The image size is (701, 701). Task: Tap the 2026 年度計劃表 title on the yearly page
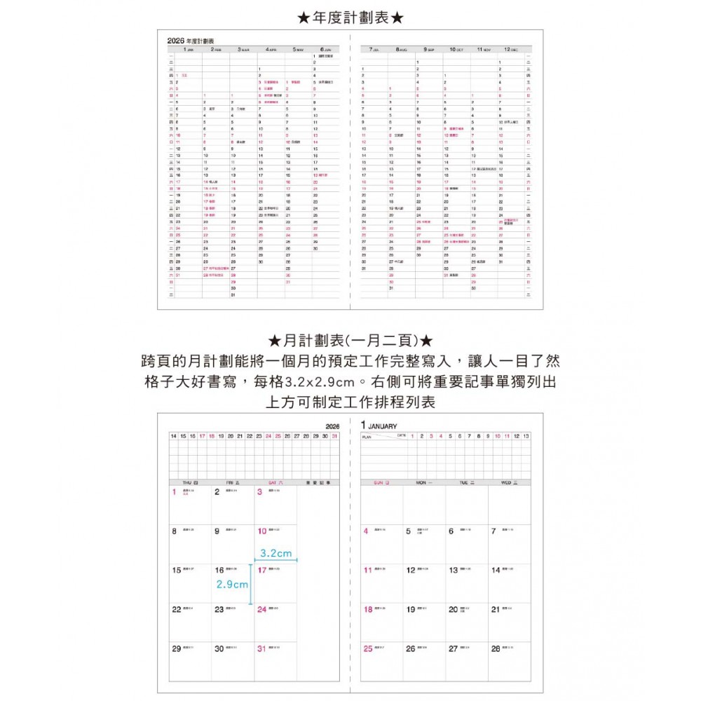191,41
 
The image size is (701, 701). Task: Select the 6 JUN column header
325,50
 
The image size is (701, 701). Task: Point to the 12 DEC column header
509,50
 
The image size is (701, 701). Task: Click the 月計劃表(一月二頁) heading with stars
350,341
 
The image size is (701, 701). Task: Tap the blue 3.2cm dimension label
275,553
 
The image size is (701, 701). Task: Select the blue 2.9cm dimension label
231,584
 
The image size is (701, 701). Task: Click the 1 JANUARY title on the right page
379,426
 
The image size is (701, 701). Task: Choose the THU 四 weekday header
190,483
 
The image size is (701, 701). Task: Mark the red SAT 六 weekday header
275,483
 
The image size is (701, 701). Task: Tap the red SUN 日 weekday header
382,483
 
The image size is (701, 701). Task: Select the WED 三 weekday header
510,483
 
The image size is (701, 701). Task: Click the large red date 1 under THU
174,492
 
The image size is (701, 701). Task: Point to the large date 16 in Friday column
219,571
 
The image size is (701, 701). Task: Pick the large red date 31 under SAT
261,649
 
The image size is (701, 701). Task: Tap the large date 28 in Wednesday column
496,649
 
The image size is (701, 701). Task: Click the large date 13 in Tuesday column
453,571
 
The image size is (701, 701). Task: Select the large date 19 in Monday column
410,610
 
